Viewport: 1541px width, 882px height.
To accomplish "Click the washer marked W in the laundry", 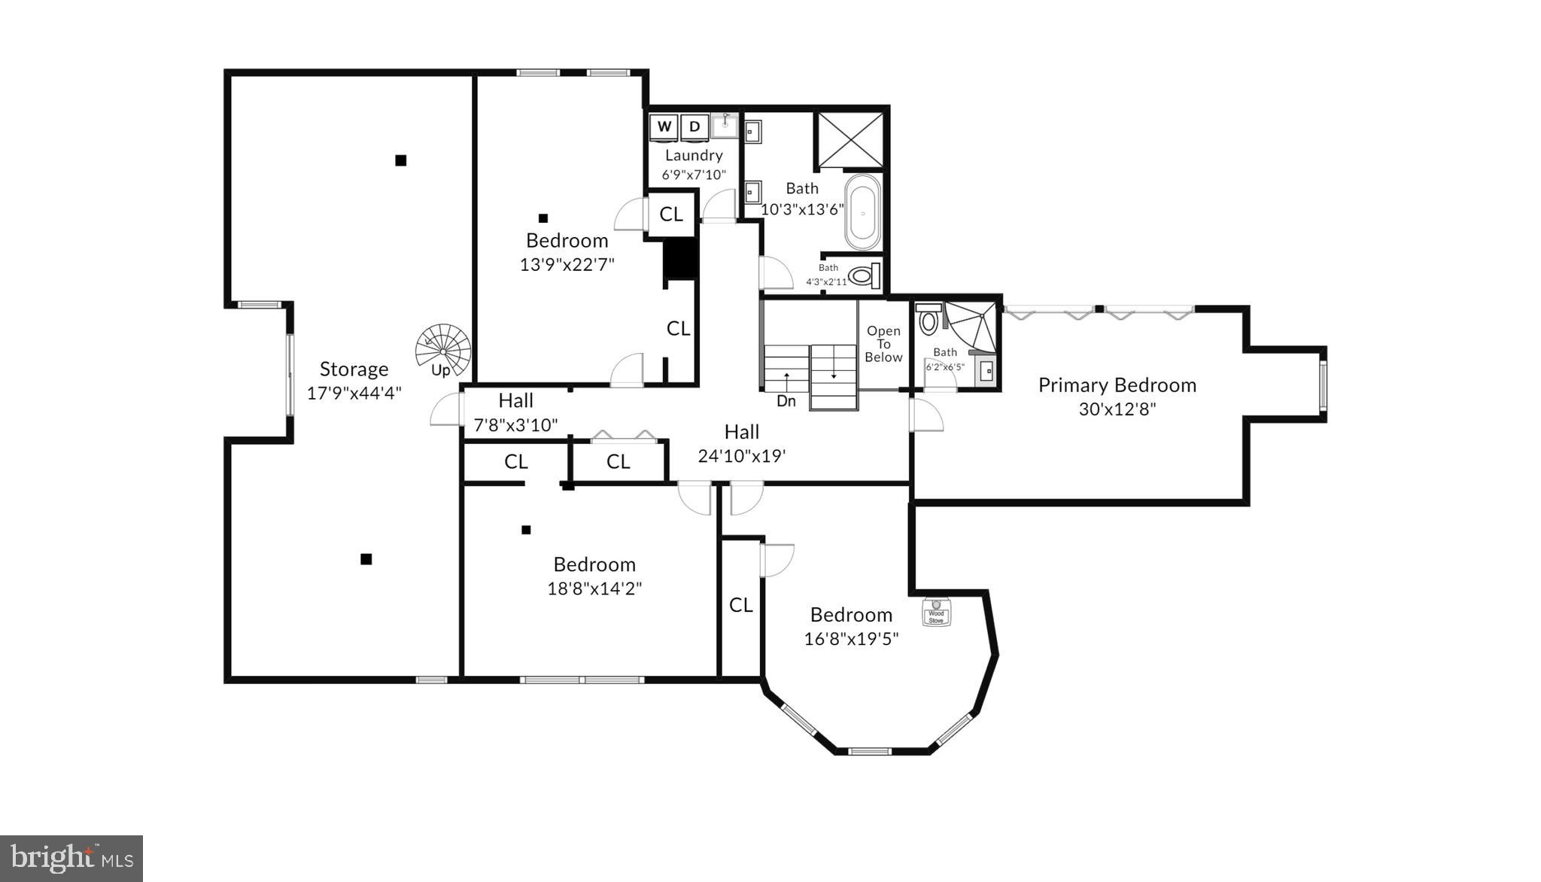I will click(664, 127).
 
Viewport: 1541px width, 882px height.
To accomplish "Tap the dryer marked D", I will click(695, 127).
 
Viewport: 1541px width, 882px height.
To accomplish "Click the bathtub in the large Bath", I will click(862, 213).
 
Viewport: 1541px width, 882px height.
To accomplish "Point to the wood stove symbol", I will click(936, 613).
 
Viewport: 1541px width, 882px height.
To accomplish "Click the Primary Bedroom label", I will click(1117, 385).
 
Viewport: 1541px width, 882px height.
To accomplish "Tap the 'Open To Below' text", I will click(883, 344).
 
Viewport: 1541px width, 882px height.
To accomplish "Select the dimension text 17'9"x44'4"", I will click(354, 393).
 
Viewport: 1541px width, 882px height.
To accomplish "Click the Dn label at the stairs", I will click(786, 401).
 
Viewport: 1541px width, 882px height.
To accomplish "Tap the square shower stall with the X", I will click(851, 140).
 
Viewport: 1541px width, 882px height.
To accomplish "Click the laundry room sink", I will click(725, 126).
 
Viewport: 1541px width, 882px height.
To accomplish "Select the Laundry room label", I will click(694, 156).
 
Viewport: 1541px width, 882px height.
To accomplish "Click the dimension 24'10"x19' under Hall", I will click(741, 456).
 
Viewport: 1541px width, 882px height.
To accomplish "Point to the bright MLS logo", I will click(71, 858).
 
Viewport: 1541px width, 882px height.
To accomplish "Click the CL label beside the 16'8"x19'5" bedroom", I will click(740, 605).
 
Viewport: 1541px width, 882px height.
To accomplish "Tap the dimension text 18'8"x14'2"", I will click(594, 589).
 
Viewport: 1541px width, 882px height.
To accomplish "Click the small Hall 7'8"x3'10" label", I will click(515, 401).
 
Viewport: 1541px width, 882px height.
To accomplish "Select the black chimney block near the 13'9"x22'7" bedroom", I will click(680, 260).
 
